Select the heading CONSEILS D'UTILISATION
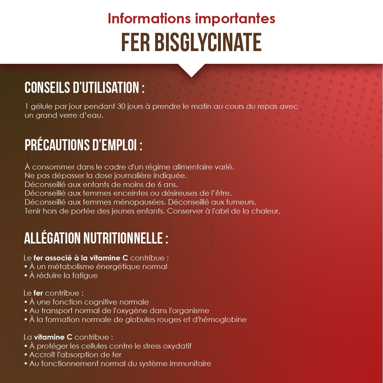point(84,88)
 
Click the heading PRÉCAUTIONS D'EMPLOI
point(83,145)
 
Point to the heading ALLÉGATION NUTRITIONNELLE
point(96,238)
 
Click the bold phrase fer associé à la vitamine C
point(81,258)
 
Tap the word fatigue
point(85,275)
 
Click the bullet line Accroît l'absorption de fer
point(75,355)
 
